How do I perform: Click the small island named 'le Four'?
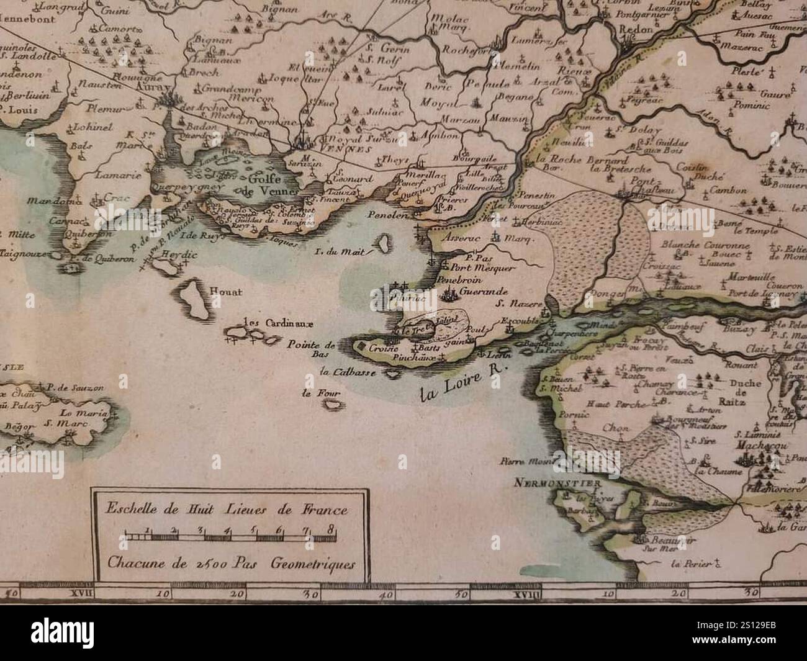pos(314,392)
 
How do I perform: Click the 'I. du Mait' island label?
pos(351,252)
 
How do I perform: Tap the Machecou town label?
pos(751,445)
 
